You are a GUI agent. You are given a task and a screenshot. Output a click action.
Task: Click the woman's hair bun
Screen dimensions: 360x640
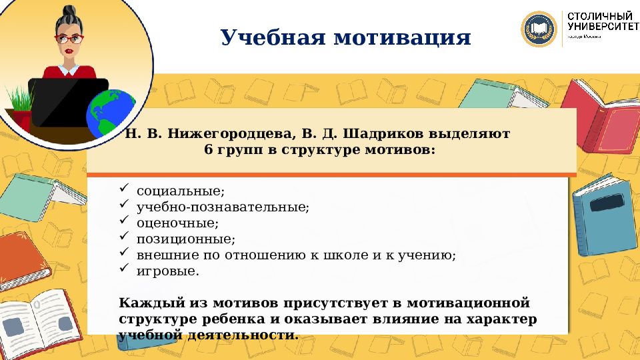coord(68,11)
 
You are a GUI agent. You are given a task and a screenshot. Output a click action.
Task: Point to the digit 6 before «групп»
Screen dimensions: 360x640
coord(208,150)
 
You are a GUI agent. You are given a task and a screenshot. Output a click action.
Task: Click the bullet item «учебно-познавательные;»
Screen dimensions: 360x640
coord(223,207)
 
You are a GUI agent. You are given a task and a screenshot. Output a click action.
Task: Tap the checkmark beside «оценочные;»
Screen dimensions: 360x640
coord(123,222)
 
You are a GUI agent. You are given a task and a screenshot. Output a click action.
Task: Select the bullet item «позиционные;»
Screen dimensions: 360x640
coord(186,239)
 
